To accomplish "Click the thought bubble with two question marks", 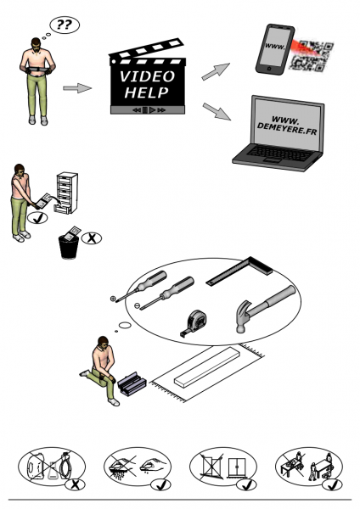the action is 65,25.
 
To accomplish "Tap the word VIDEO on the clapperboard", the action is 147,76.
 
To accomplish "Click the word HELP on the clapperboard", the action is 147,92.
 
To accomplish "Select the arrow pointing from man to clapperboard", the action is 77,88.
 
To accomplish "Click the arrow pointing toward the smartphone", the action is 216,71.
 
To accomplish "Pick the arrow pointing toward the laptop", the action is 217,111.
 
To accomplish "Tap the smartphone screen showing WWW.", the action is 274,46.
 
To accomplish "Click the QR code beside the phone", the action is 312,55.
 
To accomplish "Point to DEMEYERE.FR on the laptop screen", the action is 287,128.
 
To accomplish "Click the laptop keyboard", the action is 279,153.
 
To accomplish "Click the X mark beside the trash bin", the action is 92,238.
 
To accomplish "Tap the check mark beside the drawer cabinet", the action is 37,218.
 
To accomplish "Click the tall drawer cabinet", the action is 67,193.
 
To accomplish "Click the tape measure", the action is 194,323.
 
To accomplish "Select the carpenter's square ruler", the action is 241,271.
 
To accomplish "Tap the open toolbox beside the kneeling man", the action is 132,383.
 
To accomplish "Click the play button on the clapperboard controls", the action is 152,110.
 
